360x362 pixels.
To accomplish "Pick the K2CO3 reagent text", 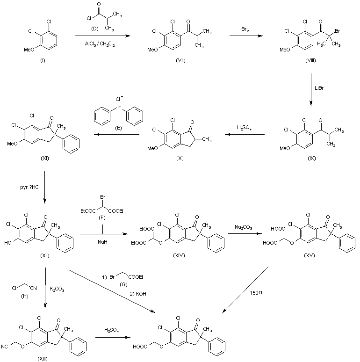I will (58, 290).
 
